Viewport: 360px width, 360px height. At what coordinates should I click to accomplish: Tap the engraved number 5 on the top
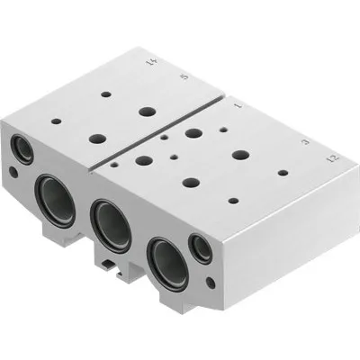(185, 78)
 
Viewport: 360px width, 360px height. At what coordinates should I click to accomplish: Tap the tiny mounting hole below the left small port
(14, 171)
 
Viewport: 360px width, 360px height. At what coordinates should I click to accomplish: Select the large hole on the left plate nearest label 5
(147, 112)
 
